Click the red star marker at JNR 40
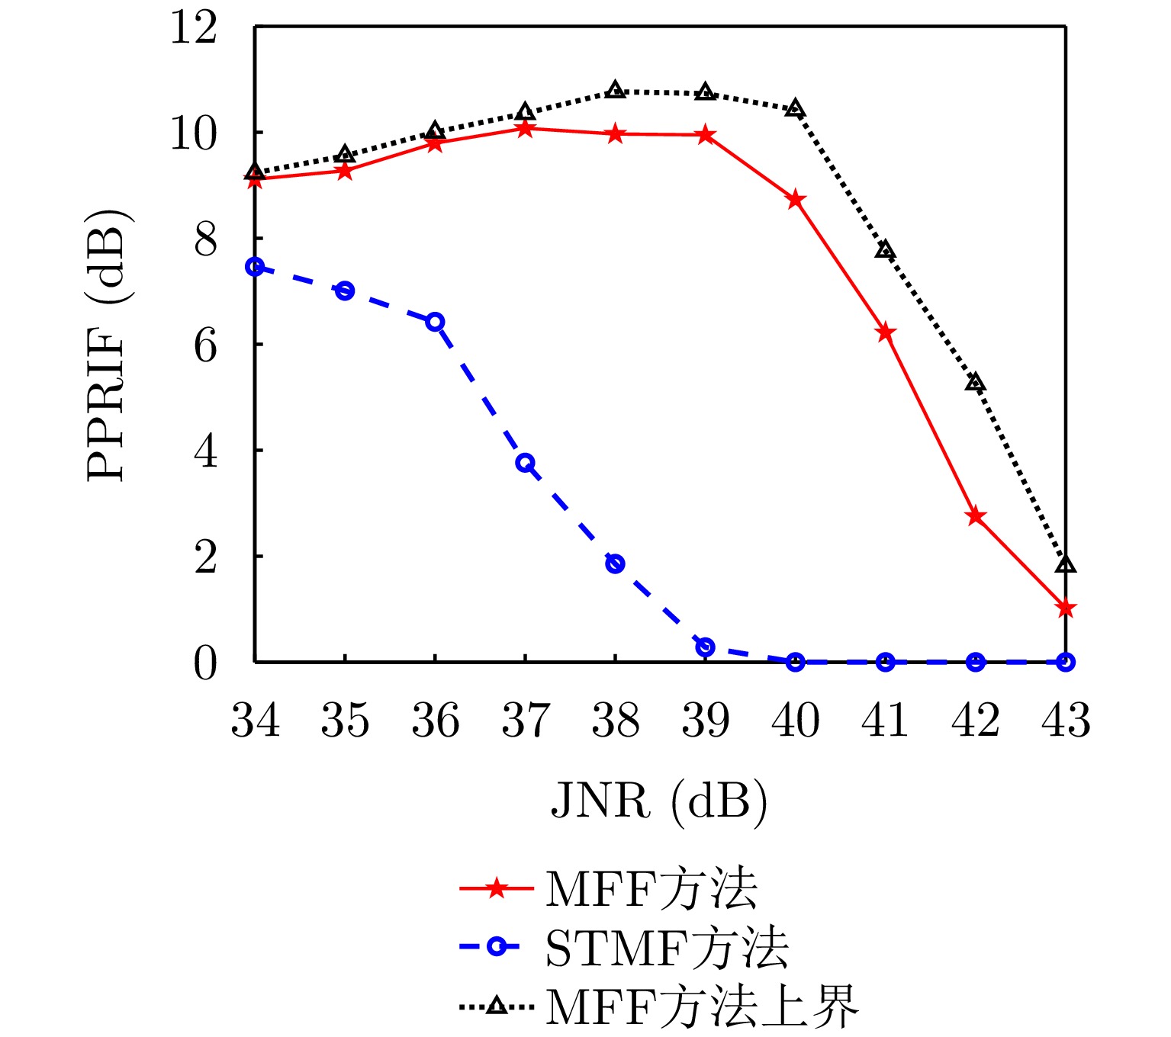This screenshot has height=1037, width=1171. click(796, 200)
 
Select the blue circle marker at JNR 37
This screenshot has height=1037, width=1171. click(525, 463)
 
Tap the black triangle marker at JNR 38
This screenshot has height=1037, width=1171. click(616, 89)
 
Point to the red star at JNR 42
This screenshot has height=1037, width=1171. click(976, 516)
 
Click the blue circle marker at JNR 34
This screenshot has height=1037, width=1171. click(255, 266)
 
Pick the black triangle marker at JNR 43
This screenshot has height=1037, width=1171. click(1066, 564)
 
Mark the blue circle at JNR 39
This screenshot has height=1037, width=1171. click(706, 647)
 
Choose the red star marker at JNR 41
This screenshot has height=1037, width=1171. click(886, 332)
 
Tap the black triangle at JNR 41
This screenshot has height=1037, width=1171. click(885, 249)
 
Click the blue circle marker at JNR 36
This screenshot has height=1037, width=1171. click(435, 321)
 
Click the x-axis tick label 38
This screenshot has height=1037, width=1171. click(616, 721)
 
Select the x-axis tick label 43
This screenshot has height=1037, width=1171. click(1066, 721)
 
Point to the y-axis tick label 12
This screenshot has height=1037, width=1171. click(193, 28)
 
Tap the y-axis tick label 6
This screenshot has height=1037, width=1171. click(205, 345)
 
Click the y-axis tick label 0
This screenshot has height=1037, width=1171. click(205, 663)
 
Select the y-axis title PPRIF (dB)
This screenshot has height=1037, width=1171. click(106, 345)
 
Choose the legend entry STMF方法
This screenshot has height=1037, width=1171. click(667, 949)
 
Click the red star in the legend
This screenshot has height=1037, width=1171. click(497, 889)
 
